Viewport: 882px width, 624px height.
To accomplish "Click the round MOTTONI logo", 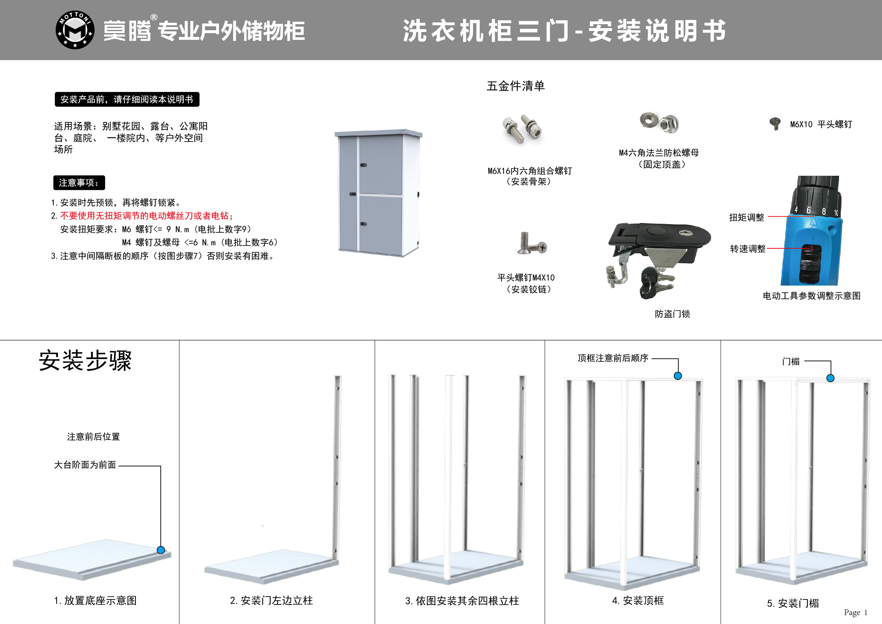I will click(x=75, y=30).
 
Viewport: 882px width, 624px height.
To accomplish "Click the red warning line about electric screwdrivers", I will click(x=146, y=216).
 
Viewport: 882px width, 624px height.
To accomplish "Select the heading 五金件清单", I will click(x=516, y=86).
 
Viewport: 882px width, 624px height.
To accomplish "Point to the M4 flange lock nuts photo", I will click(x=659, y=123).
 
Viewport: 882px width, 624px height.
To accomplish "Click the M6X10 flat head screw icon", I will click(x=775, y=124).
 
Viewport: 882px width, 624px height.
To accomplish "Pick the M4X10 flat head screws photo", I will click(x=532, y=244).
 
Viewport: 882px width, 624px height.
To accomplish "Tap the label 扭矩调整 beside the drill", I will click(x=746, y=217).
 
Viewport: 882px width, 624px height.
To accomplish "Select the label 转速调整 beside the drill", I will click(x=748, y=249).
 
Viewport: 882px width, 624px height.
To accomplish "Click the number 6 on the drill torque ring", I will click(x=809, y=210).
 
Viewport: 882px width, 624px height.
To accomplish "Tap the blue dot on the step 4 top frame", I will click(x=678, y=376).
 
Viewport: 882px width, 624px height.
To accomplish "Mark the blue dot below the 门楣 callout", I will click(x=830, y=378).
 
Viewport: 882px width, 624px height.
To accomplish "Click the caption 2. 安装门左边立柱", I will click(x=271, y=601).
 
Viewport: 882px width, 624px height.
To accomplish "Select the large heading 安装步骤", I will click(x=85, y=360).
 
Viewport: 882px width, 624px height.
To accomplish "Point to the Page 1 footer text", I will click(x=855, y=613).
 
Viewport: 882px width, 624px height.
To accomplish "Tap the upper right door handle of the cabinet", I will click(x=363, y=165).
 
